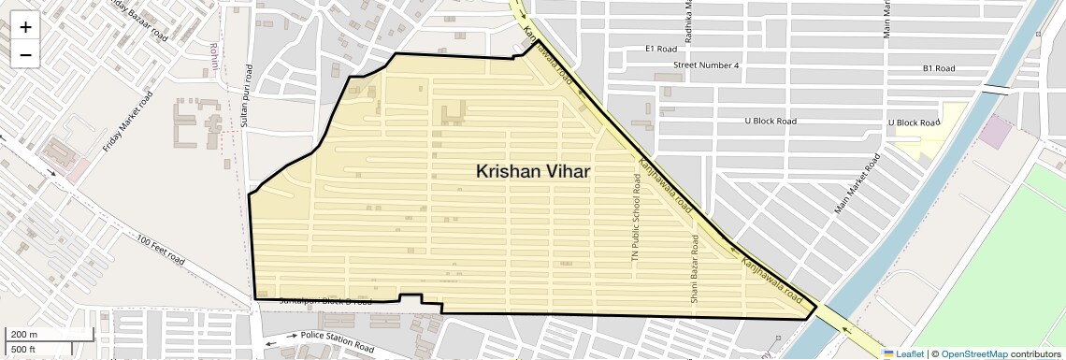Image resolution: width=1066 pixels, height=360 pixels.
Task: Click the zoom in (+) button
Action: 25,27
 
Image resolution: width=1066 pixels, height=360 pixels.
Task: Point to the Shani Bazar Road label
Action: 695,269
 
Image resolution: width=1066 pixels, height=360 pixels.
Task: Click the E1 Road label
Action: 660,49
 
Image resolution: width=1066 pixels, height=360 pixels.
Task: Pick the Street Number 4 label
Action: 706,65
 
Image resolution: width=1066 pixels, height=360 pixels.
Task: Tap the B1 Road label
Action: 938,68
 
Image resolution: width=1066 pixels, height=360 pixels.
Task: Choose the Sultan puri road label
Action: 248,96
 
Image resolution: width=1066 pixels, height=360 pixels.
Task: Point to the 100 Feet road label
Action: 160,250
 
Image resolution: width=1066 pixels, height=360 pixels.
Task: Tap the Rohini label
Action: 214,52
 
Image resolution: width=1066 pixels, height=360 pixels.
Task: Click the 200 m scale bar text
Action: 24,335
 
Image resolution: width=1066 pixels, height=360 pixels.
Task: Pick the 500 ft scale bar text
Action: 22,350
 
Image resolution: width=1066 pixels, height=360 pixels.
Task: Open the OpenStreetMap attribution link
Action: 973,353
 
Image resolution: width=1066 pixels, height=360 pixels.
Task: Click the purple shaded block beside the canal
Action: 994,133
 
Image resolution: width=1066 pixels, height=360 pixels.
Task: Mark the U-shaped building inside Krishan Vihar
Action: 453,114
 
